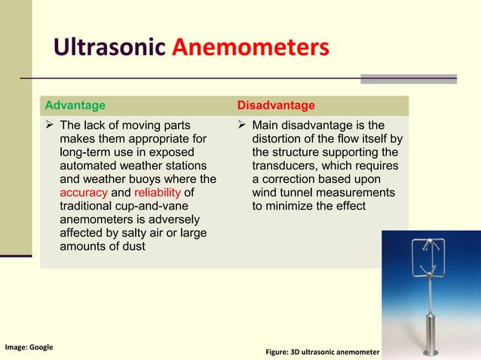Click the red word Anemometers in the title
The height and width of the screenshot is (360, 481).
click(250, 48)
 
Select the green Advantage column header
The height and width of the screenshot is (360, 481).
click(75, 105)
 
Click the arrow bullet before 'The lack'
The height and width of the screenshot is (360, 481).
click(50, 125)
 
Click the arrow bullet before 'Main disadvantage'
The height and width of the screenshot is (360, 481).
click(243, 125)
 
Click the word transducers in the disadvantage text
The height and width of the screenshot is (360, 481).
click(285, 166)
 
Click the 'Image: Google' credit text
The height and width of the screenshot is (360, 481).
click(29, 347)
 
